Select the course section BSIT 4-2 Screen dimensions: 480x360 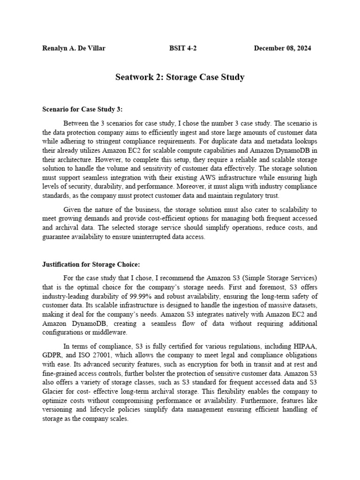pos(183,48)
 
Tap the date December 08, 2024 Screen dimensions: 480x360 pos(282,48)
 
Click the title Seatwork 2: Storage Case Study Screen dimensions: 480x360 pos(180,77)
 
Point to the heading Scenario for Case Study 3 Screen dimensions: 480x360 pos(82,109)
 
